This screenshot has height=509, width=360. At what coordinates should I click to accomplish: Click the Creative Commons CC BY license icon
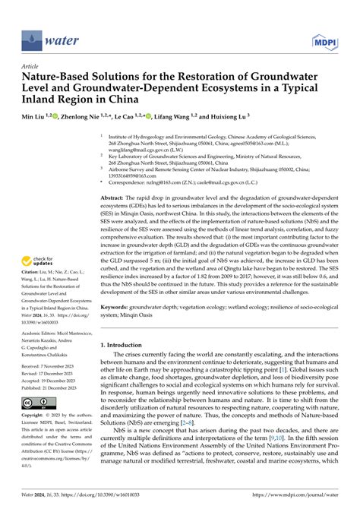[x=36, y=402]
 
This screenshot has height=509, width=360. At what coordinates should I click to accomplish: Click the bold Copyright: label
[x=33, y=417]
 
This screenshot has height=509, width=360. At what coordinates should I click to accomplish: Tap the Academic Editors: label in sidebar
[x=38, y=332]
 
